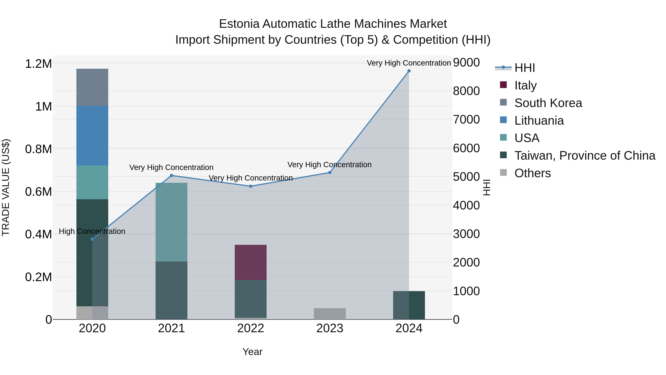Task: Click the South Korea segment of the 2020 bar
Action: pyautogui.click(x=92, y=87)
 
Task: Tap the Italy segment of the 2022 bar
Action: pyautogui.click(x=250, y=262)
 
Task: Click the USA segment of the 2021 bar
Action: pyautogui.click(x=171, y=222)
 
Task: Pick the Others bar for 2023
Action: pyautogui.click(x=330, y=314)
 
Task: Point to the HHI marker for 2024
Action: pyautogui.click(x=409, y=71)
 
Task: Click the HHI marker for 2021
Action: pyautogui.click(x=171, y=176)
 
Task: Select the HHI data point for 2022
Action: pyautogui.click(x=250, y=186)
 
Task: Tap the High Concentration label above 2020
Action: pyautogui.click(x=92, y=231)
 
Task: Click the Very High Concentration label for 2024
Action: pyautogui.click(x=408, y=63)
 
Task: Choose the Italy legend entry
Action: pyautogui.click(x=525, y=85)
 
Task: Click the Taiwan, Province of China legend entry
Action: pyautogui.click(x=585, y=156)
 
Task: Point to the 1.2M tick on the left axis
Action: pyautogui.click(x=38, y=64)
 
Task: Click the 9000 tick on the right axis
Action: pyautogui.click(x=466, y=62)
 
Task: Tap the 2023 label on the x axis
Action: pyautogui.click(x=330, y=328)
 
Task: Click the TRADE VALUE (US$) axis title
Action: pyautogui.click(x=6, y=187)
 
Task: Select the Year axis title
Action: pyautogui.click(x=252, y=352)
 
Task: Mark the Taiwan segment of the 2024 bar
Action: pyautogui.click(x=409, y=305)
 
